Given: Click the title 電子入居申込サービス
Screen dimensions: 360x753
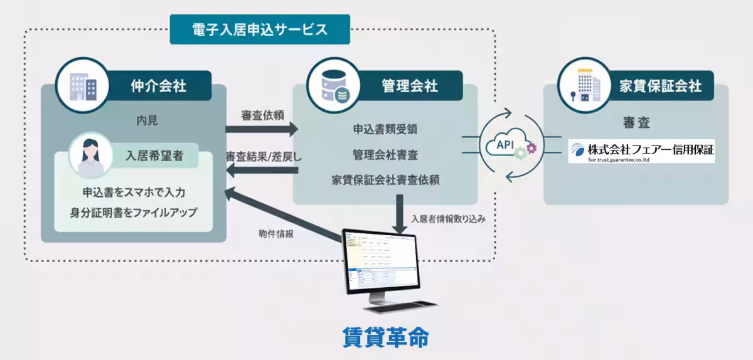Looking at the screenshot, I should coord(259,29).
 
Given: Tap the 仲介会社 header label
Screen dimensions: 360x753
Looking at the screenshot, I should coord(159,85).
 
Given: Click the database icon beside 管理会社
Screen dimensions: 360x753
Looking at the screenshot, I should coord(334,86).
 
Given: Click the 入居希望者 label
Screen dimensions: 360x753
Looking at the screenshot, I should coord(154,156).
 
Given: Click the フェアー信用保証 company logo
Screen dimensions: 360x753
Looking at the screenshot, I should coord(641,151).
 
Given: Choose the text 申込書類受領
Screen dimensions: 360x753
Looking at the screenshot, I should coord(385,129).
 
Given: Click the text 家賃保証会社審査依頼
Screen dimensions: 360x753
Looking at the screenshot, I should coord(385,180).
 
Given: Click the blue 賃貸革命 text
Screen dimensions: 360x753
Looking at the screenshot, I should coord(385,337).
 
